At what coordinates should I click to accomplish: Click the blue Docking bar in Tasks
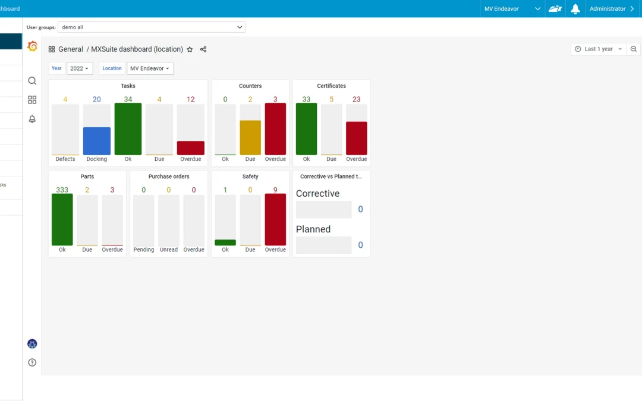click(x=96, y=141)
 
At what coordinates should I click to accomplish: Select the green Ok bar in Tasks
click(x=128, y=129)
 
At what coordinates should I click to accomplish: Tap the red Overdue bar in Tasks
click(x=190, y=148)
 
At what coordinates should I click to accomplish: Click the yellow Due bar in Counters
click(x=250, y=137)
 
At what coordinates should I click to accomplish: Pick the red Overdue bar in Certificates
click(x=356, y=138)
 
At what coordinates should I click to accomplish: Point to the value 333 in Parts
click(x=62, y=190)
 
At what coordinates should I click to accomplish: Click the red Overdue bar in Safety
click(x=275, y=219)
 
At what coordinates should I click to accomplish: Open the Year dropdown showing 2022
click(x=80, y=68)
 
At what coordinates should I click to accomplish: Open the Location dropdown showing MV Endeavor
click(x=150, y=68)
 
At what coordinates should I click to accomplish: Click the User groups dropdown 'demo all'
click(x=151, y=27)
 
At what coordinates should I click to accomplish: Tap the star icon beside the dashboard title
click(x=190, y=49)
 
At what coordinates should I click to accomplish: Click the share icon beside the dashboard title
click(x=203, y=49)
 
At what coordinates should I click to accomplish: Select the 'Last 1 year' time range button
click(x=599, y=49)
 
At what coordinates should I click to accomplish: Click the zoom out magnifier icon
click(x=634, y=49)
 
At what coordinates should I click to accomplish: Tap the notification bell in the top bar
click(x=575, y=9)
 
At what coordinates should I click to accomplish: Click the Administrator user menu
click(x=612, y=9)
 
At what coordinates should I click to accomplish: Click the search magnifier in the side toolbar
click(x=32, y=81)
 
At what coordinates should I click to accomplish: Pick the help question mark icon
click(x=32, y=362)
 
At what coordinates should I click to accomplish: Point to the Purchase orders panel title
click(x=169, y=176)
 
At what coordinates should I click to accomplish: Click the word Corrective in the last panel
click(x=317, y=194)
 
